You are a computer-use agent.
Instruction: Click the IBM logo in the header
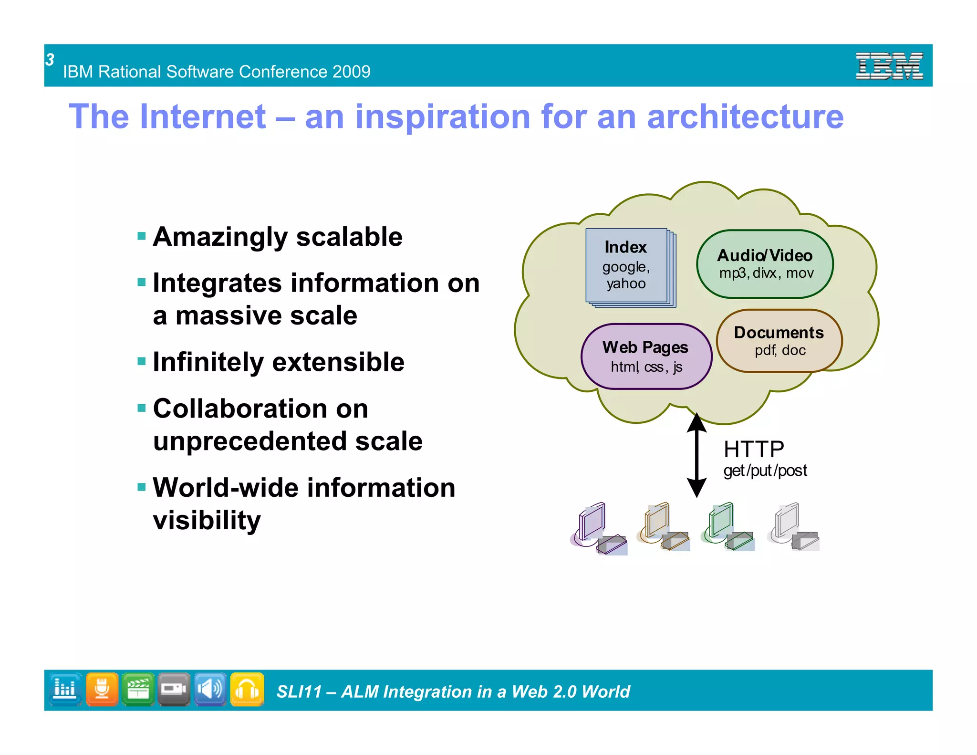889,66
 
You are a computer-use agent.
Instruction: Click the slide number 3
50,60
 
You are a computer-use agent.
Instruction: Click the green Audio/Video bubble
765,264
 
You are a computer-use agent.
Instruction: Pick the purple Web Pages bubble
646,357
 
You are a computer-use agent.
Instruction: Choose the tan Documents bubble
779,341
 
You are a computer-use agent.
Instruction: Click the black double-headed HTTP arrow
696,455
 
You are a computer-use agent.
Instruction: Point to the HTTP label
754,449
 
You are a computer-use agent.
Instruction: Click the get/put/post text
765,471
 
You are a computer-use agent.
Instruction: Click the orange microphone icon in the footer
102,689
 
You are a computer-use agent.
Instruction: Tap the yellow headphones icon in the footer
247,689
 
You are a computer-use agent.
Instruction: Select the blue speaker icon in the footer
210,689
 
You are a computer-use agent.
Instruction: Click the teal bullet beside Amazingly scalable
141,236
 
